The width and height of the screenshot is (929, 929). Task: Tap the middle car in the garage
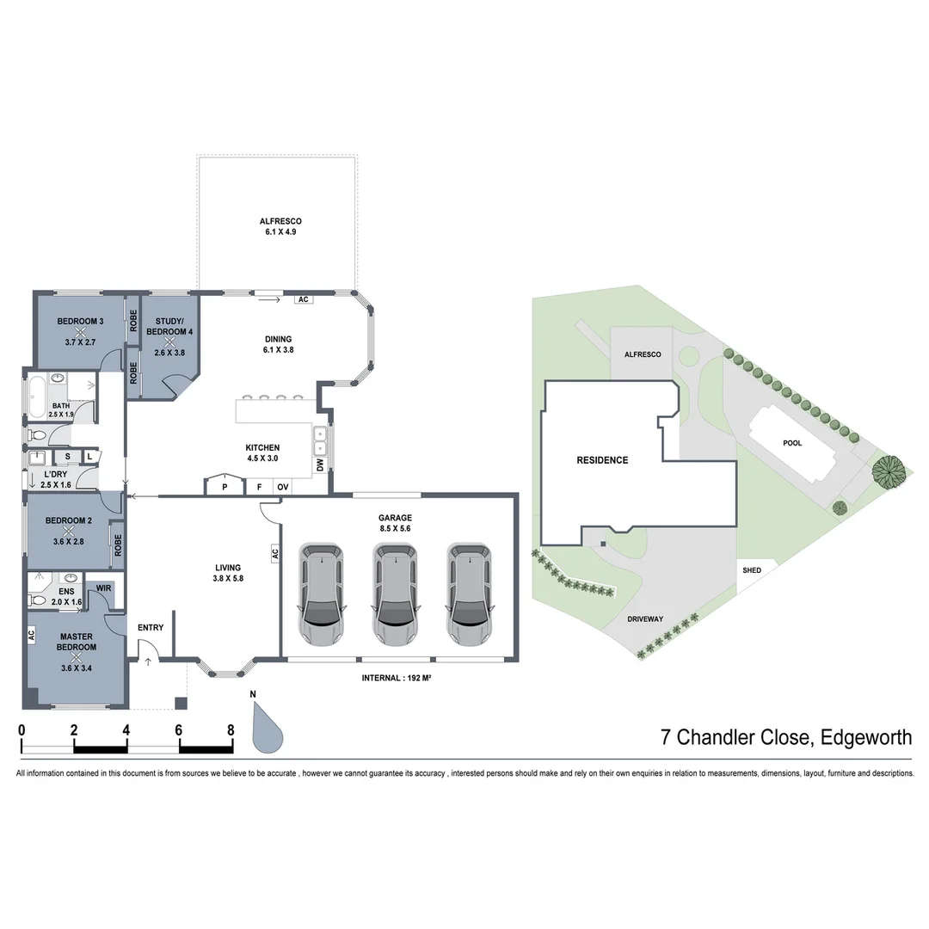[x=396, y=594]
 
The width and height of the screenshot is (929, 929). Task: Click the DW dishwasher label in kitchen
[x=320, y=465]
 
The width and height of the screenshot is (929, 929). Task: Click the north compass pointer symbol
[x=267, y=727]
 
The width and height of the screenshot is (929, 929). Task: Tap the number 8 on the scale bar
[x=231, y=730]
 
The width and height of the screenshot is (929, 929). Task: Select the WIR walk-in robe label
[x=103, y=588]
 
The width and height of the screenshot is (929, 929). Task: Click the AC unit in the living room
[x=275, y=552]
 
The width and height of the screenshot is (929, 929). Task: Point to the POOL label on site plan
[x=792, y=443]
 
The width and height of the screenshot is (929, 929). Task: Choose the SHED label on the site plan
[x=751, y=570]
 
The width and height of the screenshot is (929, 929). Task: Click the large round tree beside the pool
[x=889, y=471]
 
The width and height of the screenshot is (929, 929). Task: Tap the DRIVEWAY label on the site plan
[x=647, y=618]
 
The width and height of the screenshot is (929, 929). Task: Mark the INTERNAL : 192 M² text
[x=396, y=679]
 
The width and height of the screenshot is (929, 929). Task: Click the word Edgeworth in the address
[x=865, y=737]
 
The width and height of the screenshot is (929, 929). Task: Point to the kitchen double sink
[x=320, y=440]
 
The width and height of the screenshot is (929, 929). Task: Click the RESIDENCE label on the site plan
[x=602, y=460]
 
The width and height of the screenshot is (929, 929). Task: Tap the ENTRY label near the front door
[x=151, y=628]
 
